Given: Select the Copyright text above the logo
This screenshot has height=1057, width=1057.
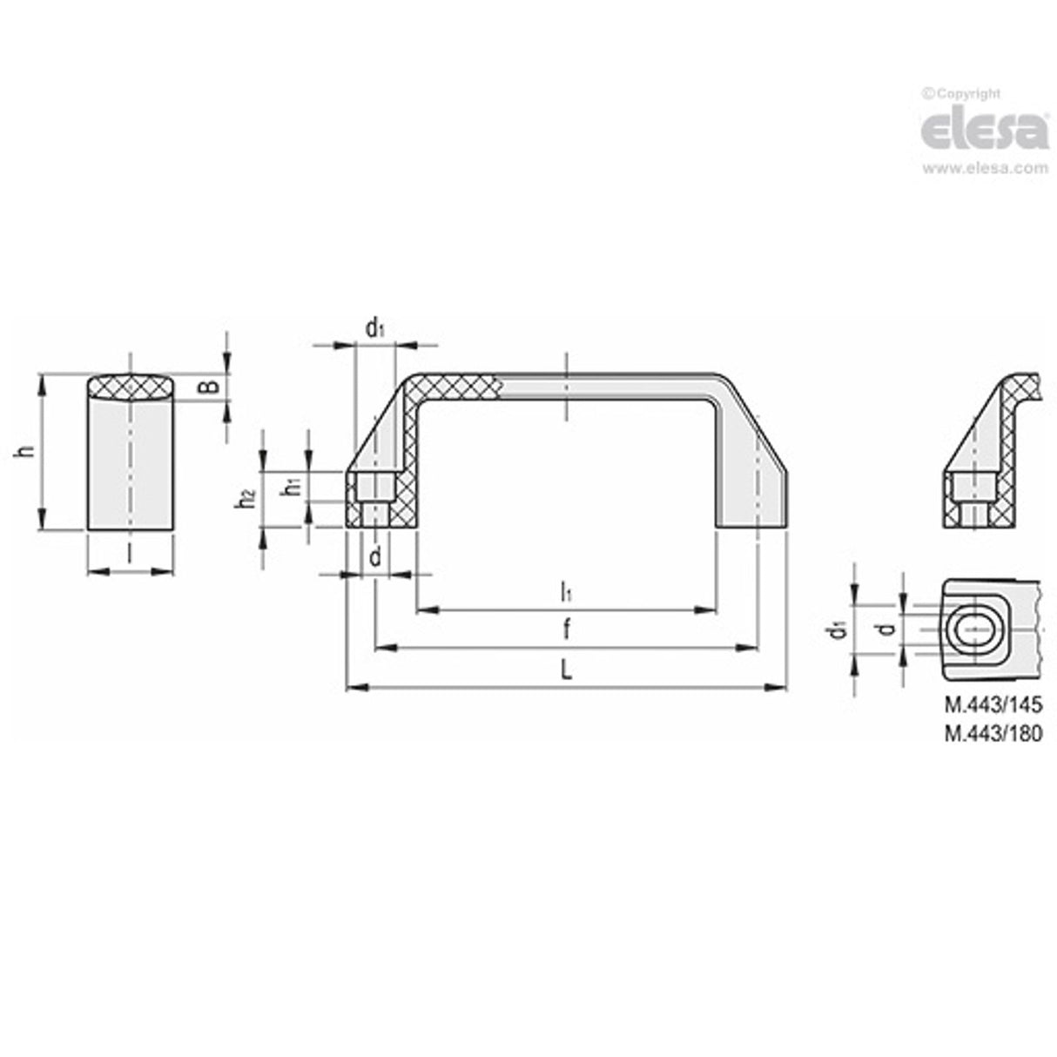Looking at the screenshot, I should (x=963, y=94).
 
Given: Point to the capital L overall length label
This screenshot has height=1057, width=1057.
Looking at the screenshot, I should (x=566, y=670).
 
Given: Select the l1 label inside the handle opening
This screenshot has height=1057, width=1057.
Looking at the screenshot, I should (x=566, y=593).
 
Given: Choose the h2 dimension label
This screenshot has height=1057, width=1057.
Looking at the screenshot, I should (x=249, y=499).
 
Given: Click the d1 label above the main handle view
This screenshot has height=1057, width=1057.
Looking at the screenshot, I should (x=374, y=327).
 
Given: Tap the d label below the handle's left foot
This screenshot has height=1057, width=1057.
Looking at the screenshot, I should (x=375, y=558).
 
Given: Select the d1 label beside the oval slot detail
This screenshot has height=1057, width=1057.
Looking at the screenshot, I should (x=838, y=629).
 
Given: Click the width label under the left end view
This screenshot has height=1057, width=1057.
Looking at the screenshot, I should (x=131, y=554).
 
